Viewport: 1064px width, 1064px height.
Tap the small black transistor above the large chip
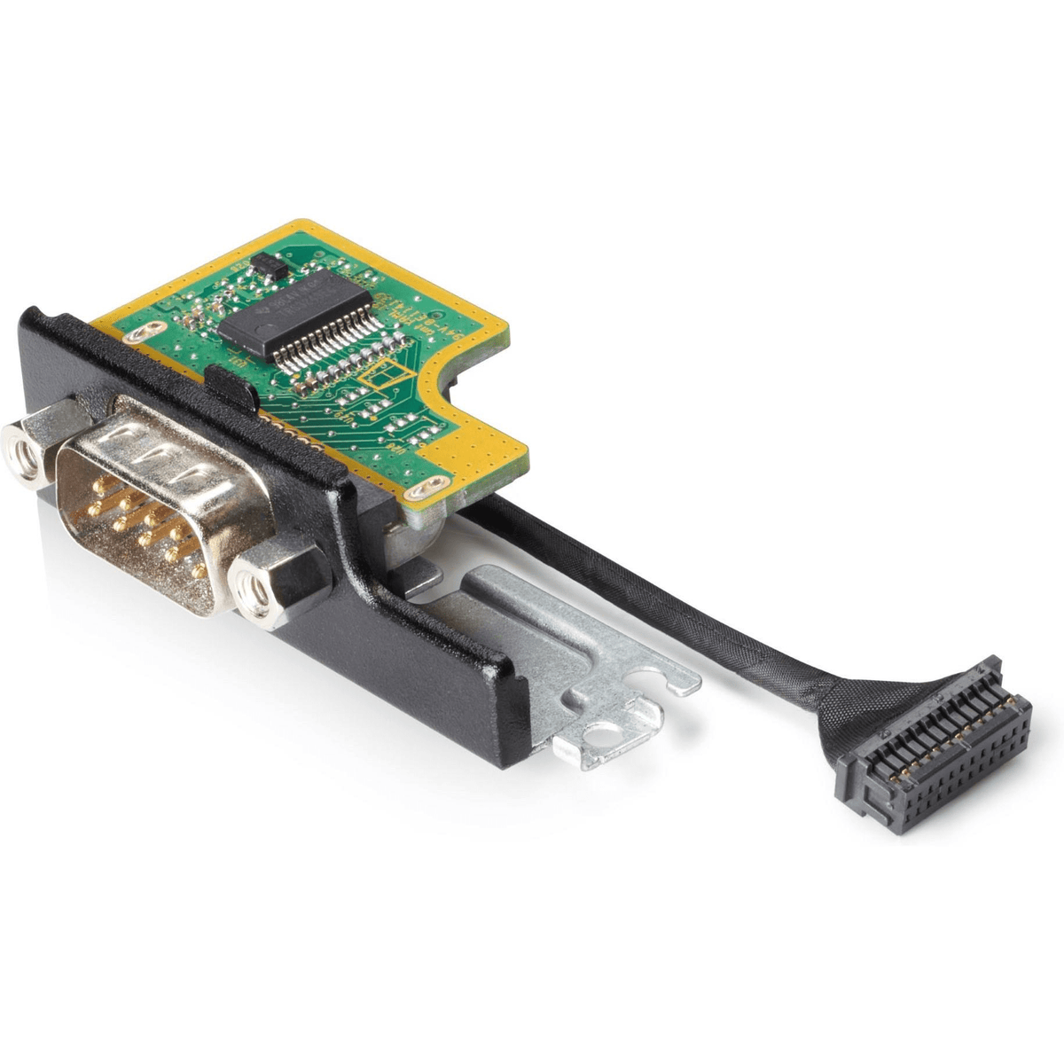pyautogui.click(x=264, y=262)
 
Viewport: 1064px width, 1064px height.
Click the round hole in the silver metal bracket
pyautogui.click(x=608, y=732)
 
